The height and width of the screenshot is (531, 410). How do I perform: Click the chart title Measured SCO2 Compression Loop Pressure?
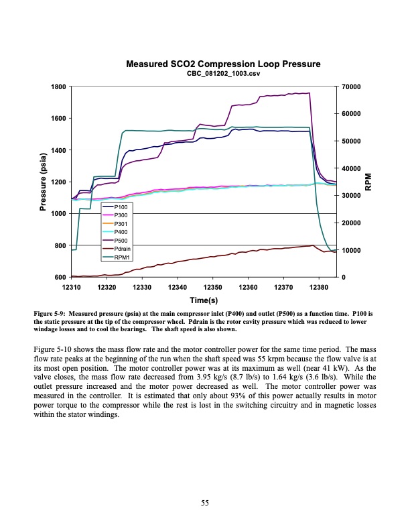click(223, 64)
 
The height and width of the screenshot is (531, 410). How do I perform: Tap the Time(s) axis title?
click(203, 299)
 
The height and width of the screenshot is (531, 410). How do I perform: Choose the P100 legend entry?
click(121, 208)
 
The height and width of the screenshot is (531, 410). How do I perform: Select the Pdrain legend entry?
click(123, 248)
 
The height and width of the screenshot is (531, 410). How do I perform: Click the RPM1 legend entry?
click(123, 256)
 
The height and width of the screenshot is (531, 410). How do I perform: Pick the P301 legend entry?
click(121, 224)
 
